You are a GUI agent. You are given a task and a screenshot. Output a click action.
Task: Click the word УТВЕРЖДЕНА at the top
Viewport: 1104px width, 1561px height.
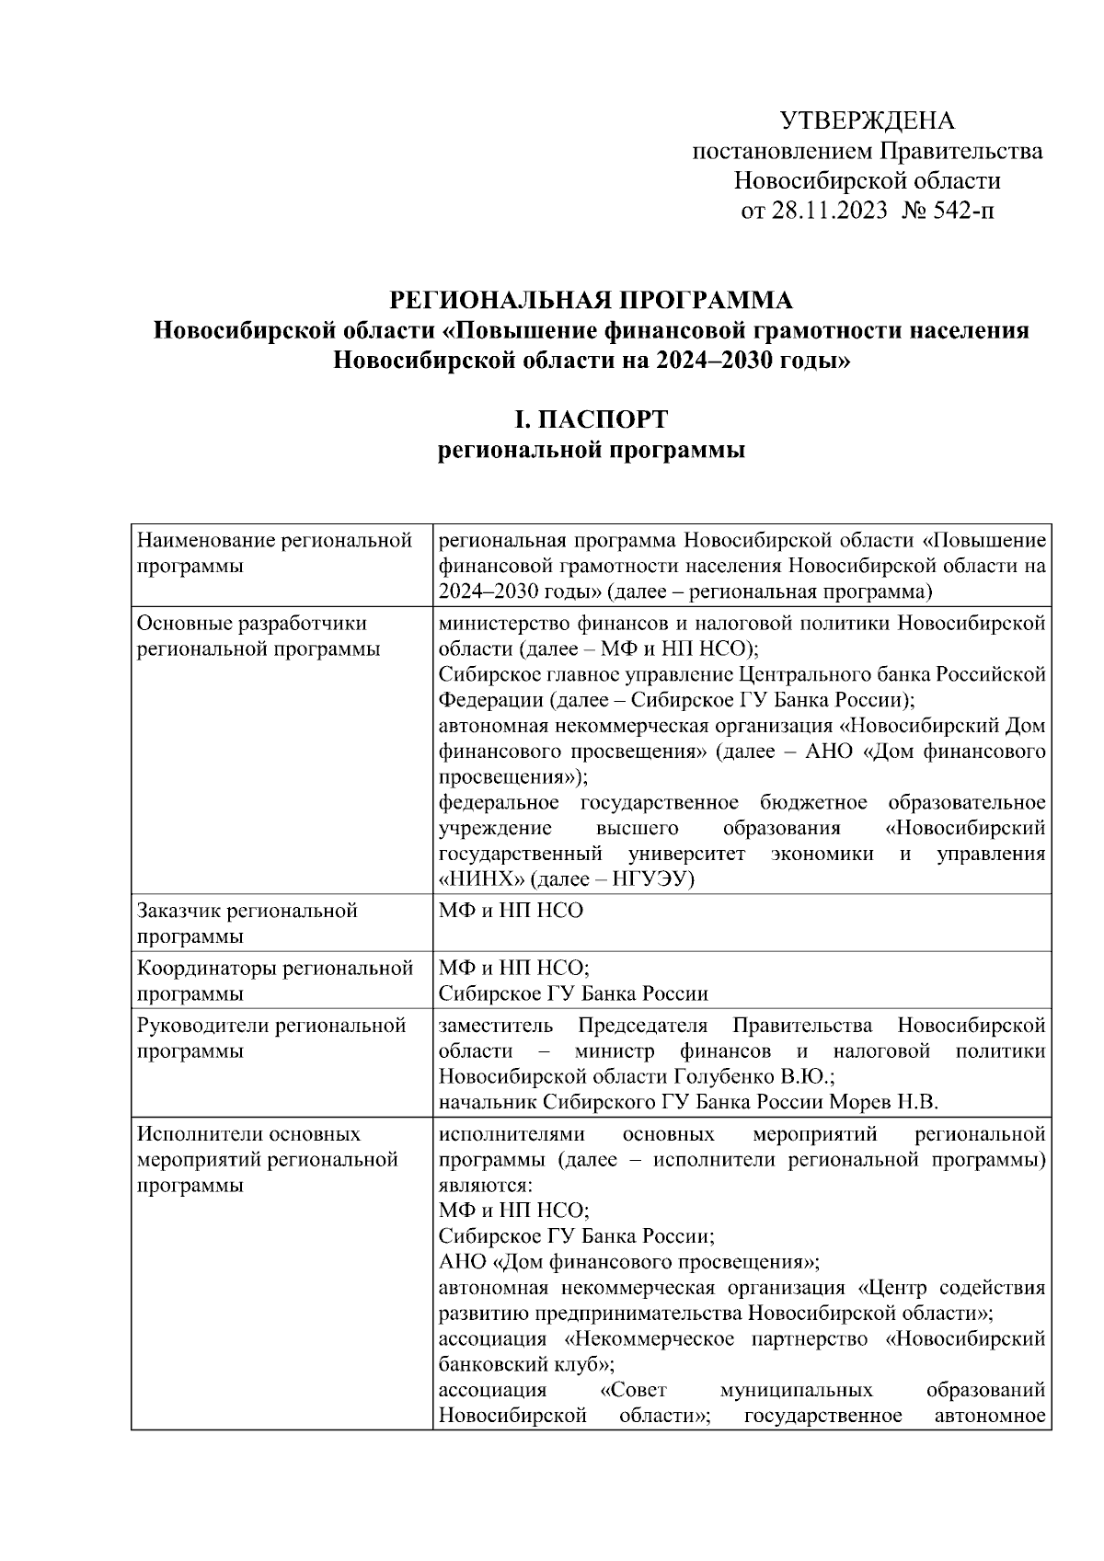(867, 121)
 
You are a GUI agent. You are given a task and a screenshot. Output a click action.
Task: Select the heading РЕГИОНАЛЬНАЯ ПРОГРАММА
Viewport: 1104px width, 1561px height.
(591, 300)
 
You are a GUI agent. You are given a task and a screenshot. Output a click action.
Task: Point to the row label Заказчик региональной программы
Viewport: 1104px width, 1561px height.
(247, 924)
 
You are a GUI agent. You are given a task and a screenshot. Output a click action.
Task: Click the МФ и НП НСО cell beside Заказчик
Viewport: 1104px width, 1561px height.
(511, 912)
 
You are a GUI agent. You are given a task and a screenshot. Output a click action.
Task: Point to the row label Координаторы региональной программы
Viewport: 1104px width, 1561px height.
(273, 981)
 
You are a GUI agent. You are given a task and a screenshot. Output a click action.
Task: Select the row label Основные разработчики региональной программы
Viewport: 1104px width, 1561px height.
(258, 637)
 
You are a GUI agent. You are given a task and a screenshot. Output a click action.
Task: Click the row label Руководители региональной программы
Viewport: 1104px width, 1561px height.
(271, 1038)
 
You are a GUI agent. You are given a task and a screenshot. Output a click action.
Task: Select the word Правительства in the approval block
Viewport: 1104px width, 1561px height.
(961, 151)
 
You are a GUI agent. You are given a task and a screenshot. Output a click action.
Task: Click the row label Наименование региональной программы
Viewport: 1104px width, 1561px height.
(273, 553)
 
